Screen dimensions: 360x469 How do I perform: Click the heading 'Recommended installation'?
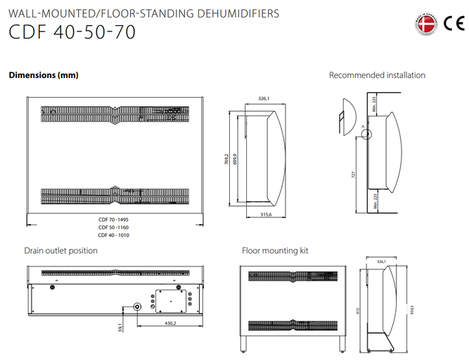pyautogui.click(x=377, y=75)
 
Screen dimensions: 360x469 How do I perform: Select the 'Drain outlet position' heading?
pyautogui.click(x=61, y=250)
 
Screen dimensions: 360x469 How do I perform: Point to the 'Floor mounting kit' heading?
pyautogui.click(x=275, y=250)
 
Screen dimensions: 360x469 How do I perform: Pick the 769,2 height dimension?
pyautogui.click(x=227, y=159)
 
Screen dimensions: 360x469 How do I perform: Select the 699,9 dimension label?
pyautogui.click(x=235, y=159)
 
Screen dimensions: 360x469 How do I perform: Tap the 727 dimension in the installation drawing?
pyautogui.click(x=353, y=173)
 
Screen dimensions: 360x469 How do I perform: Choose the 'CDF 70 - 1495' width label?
pyautogui.click(x=114, y=219)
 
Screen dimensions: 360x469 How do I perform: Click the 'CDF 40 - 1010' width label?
pyautogui.click(x=114, y=235)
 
